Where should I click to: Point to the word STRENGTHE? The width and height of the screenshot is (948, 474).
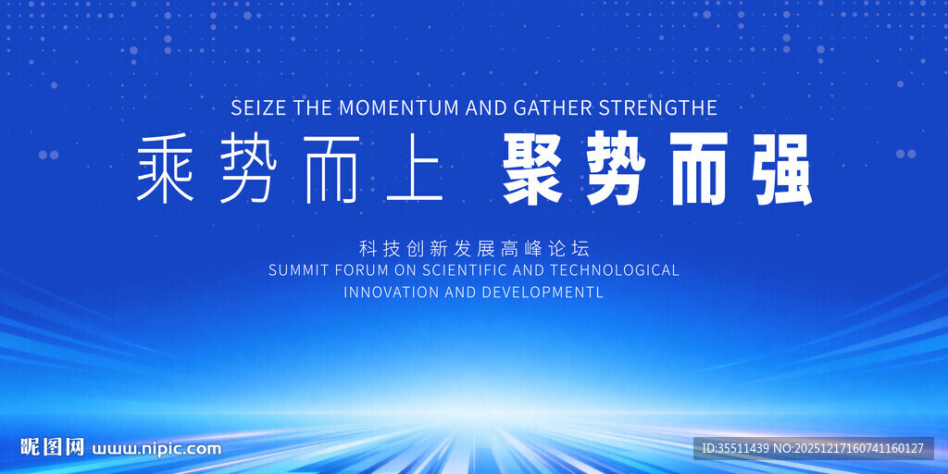[658, 108]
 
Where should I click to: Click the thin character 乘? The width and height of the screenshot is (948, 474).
[165, 168]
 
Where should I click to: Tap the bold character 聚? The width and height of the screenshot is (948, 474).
[533, 170]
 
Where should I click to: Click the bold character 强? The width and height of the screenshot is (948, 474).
[780, 170]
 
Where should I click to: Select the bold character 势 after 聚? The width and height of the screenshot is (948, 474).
[616, 170]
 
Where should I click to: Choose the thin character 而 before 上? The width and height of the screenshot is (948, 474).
[331, 168]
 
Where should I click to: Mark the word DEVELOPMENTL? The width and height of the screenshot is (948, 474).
[543, 292]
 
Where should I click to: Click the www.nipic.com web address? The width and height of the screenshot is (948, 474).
[156, 449]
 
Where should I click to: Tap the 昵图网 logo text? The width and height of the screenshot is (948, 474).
[53, 447]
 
